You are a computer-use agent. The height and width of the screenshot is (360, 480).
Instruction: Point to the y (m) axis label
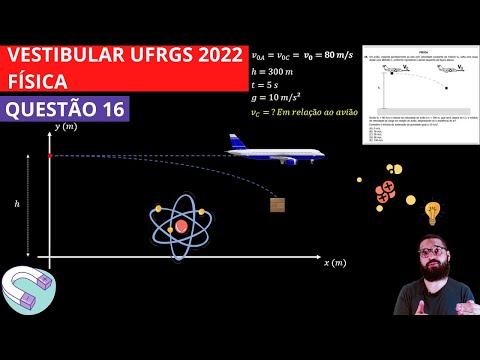tap(67, 127)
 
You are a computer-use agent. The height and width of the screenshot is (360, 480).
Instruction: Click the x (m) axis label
tap(334, 262)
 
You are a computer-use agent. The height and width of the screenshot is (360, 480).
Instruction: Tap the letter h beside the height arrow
tap(17, 203)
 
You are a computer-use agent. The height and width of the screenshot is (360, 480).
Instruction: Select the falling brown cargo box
tap(277, 204)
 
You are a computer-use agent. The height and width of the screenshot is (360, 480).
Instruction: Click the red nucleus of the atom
tap(181, 226)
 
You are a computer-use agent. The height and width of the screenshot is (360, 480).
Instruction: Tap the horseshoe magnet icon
tap(26, 289)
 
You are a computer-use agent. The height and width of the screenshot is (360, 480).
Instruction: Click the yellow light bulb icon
tap(433, 212)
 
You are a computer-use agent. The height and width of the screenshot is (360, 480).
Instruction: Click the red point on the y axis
tap(50, 155)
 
